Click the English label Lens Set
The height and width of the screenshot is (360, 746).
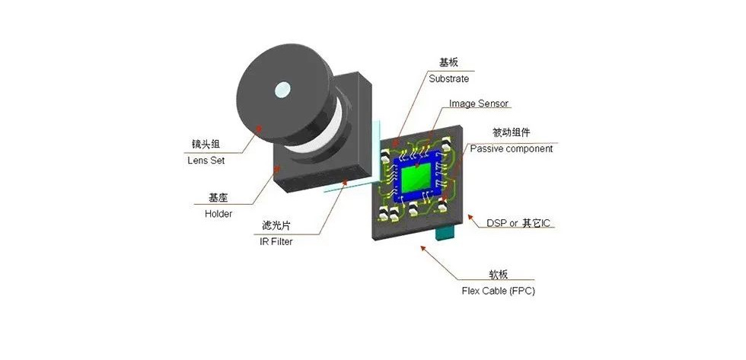click(x=206, y=161)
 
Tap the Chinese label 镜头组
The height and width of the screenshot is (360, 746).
click(x=206, y=145)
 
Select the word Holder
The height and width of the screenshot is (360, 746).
click(x=218, y=214)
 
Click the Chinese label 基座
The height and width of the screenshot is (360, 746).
click(x=218, y=197)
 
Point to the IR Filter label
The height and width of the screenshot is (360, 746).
click(x=276, y=241)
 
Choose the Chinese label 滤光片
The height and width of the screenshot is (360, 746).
click(x=276, y=225)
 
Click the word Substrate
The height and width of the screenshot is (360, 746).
click(x=448, y=78)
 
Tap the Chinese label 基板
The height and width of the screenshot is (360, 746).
click(x=448, y=62)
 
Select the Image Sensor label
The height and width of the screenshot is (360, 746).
click(x=479, y=104)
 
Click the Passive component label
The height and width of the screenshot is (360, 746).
click(x=512, y=149)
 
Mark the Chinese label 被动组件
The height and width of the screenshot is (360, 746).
click(x=511, y=132)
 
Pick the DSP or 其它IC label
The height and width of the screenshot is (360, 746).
click(x=520, y=223)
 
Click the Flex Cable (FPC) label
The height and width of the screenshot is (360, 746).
click(x=498, y=291)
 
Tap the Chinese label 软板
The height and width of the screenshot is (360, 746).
click(x=498, y=275)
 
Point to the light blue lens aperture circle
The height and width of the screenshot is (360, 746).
click(x=282, y=89)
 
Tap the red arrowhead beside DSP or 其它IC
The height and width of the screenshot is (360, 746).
click(x=470, y=218)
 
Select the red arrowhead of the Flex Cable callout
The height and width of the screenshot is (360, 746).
click(x=423, y=248)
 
